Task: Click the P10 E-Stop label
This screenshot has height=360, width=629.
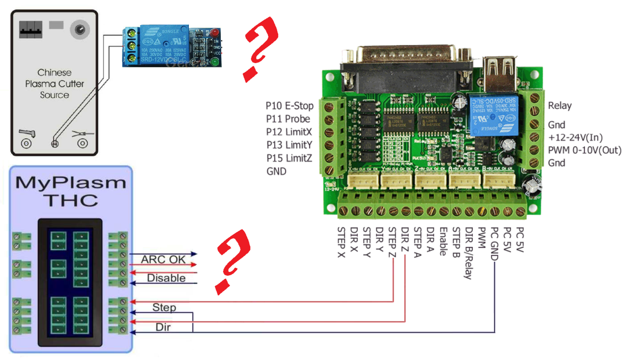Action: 289,106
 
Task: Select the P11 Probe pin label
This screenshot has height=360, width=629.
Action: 288,119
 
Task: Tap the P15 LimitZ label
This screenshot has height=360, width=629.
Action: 289,158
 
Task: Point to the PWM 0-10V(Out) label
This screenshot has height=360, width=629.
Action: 584,150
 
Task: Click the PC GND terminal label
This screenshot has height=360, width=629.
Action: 495,244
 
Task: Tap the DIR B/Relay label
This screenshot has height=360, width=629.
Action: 469,253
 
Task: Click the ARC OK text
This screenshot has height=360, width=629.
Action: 163,259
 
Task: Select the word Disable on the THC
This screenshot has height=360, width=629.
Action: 166,278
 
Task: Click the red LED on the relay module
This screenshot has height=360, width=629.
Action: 215,32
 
